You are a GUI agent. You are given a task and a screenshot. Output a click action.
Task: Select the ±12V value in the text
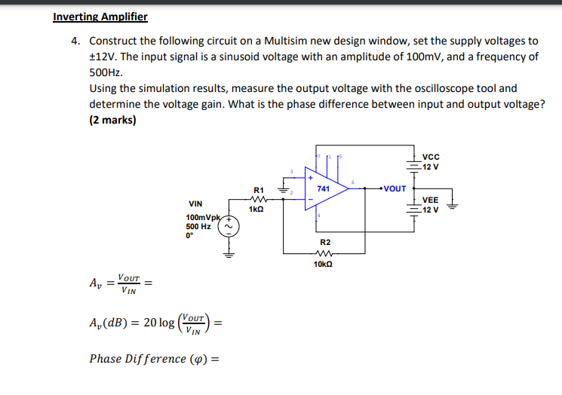click(103, 57)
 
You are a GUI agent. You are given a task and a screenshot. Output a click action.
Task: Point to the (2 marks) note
click(112, 120)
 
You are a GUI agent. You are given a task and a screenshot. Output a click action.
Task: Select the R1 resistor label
click(259, 190)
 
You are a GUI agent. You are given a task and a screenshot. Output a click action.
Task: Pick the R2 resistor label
click(324, 242)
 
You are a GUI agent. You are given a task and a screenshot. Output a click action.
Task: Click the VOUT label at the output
click(395, 188)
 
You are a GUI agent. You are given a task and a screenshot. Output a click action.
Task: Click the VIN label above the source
click(195, 204)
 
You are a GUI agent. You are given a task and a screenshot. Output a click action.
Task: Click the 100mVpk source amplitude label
click(201, 217)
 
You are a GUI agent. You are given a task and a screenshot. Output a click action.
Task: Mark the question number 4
click(75, 41)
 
